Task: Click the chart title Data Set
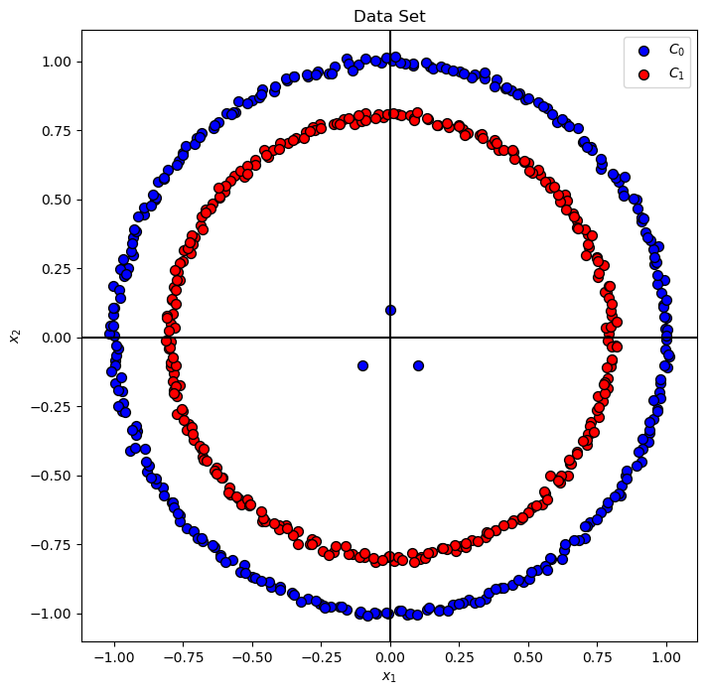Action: (389, 16)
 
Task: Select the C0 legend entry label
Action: (676, 50)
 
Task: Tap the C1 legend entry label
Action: (676, 73)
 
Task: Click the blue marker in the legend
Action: (644, 50)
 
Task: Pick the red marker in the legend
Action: (644, 73)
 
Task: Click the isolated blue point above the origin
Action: (390, 310)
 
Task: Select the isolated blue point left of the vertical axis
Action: (362, 365)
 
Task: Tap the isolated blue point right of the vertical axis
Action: (418, 365)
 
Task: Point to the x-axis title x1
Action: (389, 677)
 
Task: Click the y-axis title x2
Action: (14, 338)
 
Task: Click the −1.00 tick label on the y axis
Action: (53, 614)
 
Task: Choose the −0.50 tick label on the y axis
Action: (53, 476)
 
